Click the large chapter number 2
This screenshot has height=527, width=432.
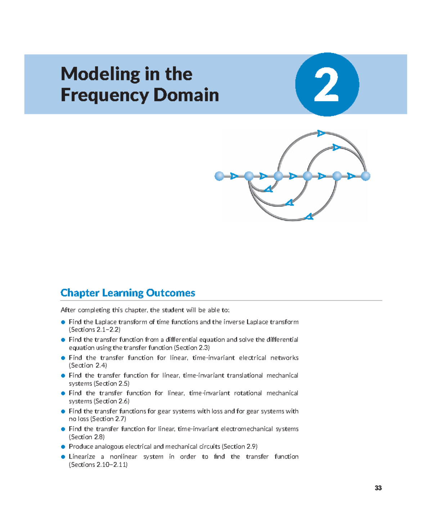[x=327, y=85]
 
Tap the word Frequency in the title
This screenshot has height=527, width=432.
[x=105, y=95]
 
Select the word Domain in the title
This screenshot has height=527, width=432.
[x=186, y=95]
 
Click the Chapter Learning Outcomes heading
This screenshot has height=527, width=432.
[x=128, y=293]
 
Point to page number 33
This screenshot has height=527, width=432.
[x=378, y=488]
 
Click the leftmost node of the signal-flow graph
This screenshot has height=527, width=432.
[x=219, y=176]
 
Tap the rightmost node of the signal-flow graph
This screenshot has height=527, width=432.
[x=365, y=176]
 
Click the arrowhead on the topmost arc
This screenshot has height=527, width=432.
[x=321, y=134]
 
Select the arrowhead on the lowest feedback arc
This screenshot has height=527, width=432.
[x=309, y=217]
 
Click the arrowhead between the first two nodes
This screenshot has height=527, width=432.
[x=234, y=176]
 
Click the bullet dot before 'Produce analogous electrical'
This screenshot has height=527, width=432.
[x=63, y=447]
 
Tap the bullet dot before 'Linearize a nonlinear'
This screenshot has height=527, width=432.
[x=63, y=457]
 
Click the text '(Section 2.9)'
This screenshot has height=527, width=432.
[x=240, y=447]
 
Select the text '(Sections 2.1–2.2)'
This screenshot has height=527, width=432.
[x=95, y=330]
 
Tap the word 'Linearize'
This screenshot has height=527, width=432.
[x=82, y=457]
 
